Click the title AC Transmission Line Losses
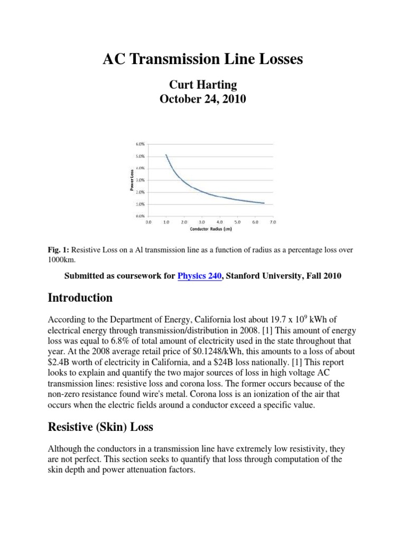(x=203, y=60)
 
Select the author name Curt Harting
(x=203, y=84)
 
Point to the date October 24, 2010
(x=203, y=99)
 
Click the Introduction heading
(x=80, y=298)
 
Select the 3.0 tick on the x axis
(x=201, y=222)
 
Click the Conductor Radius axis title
(x=210, y=229)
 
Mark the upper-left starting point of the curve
(x=165, y=155)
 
